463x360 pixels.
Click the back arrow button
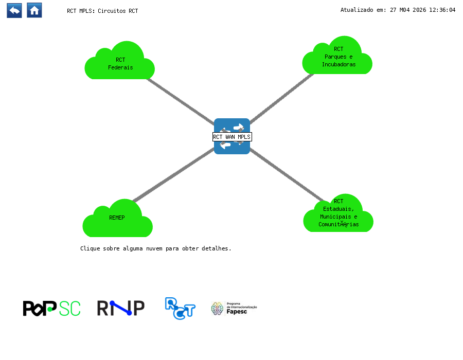[x=14, y=10]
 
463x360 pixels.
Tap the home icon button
[x=34, y=10]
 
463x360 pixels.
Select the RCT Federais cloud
[x=120, y=64]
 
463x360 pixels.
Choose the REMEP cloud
[x=117, y=220]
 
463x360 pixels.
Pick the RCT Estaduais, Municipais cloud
[x=338, y=216]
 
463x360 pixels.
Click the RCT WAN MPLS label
[x=232, y=137]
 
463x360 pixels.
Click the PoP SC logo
[x=51, y=308]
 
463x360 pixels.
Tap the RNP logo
[x=120, y=308]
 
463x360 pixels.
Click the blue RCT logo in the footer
[x=180, y=308]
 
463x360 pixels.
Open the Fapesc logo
[x=234, y=308]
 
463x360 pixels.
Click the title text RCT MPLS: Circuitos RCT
[x=102, y=11]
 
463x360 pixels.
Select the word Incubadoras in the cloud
[x=339, y=65]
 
